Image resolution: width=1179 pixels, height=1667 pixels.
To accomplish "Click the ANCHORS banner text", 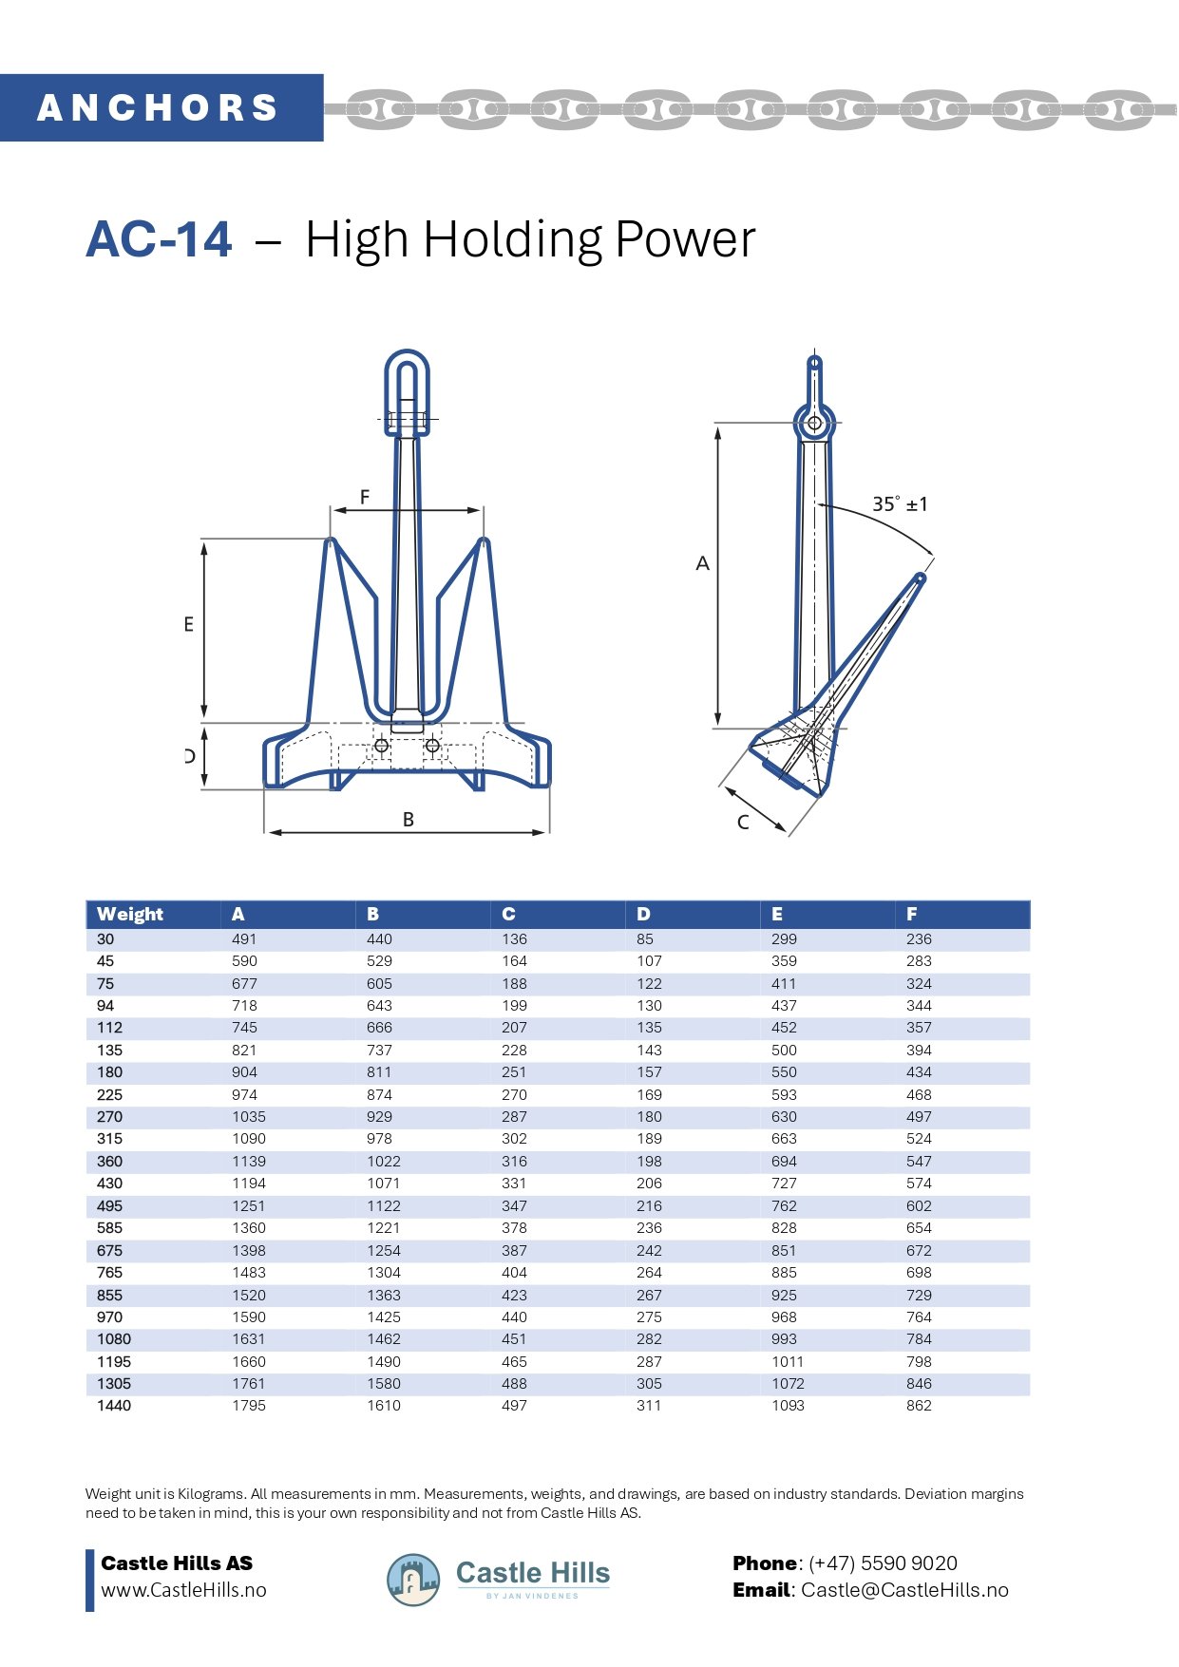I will pyautogui.click(x=158, y=107).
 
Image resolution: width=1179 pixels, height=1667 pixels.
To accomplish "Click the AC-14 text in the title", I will pyautogui.click(x=159, y=238).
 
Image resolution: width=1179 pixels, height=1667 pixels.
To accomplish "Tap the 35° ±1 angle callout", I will pyautogui.click(x=899, y=504).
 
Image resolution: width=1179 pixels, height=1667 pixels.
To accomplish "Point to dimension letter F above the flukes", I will pyautogui.click(x=365, y=497).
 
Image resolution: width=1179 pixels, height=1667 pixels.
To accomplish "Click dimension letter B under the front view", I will pyautogui.click(x=409, y=819).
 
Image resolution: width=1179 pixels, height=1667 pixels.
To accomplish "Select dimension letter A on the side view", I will pyautogui.click(x=702, y=563).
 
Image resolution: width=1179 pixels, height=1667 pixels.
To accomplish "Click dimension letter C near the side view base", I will pyautogui.click(x=743, y=822).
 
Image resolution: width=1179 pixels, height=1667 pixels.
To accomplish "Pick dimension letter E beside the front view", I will pyautogui.click(x=188, y=624).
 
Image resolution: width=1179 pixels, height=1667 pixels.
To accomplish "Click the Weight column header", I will pyautogui.click(x=130, y=914).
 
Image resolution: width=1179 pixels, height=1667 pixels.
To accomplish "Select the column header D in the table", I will pyautogui.click(x=643, y=914).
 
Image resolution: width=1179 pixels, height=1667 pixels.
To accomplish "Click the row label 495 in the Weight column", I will pyautogui.click(x=110, y=1205).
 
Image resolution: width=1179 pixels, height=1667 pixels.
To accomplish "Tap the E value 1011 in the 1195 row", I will pyautogui.click(x=788, y=1361).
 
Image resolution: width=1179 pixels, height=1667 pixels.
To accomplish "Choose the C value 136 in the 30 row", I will pyautogui.click(x=514, y=938).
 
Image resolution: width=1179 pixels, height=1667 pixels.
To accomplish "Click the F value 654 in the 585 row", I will pyautogui.click(x=919, y=1227).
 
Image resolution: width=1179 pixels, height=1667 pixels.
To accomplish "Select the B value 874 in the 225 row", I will pyautogui.click(x=379, y=1094).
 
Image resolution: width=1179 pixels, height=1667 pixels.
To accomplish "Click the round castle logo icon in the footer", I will pyautogui.click(x=413, y=1580).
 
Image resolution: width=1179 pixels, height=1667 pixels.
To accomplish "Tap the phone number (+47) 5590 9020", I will pyautogui.click(x=883, y=1563).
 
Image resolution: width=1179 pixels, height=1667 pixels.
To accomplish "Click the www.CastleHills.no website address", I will pyautogui.click(x=183, y=1590).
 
